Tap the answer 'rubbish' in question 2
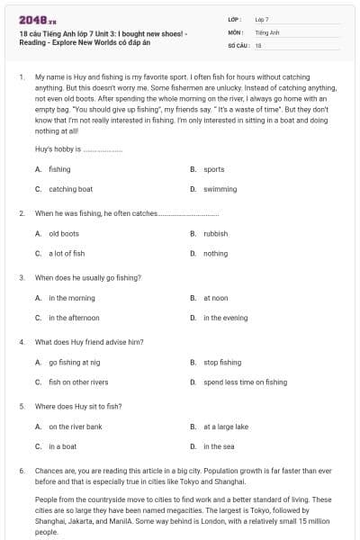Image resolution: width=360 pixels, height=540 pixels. click(215, 233)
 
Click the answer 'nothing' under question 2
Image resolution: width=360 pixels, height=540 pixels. click(215, 254)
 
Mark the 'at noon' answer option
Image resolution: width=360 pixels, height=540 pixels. click(215, 298)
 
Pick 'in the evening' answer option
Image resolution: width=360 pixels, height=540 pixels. click(225, 318)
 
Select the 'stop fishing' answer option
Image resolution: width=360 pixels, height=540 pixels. click(221, 362)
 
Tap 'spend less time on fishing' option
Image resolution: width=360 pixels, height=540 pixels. click(245, 382)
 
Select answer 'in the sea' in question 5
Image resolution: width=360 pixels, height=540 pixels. click(219, 446)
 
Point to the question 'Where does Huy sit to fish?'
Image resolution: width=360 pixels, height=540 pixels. click(77, 406)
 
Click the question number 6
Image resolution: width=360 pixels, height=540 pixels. click(21, 471)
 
